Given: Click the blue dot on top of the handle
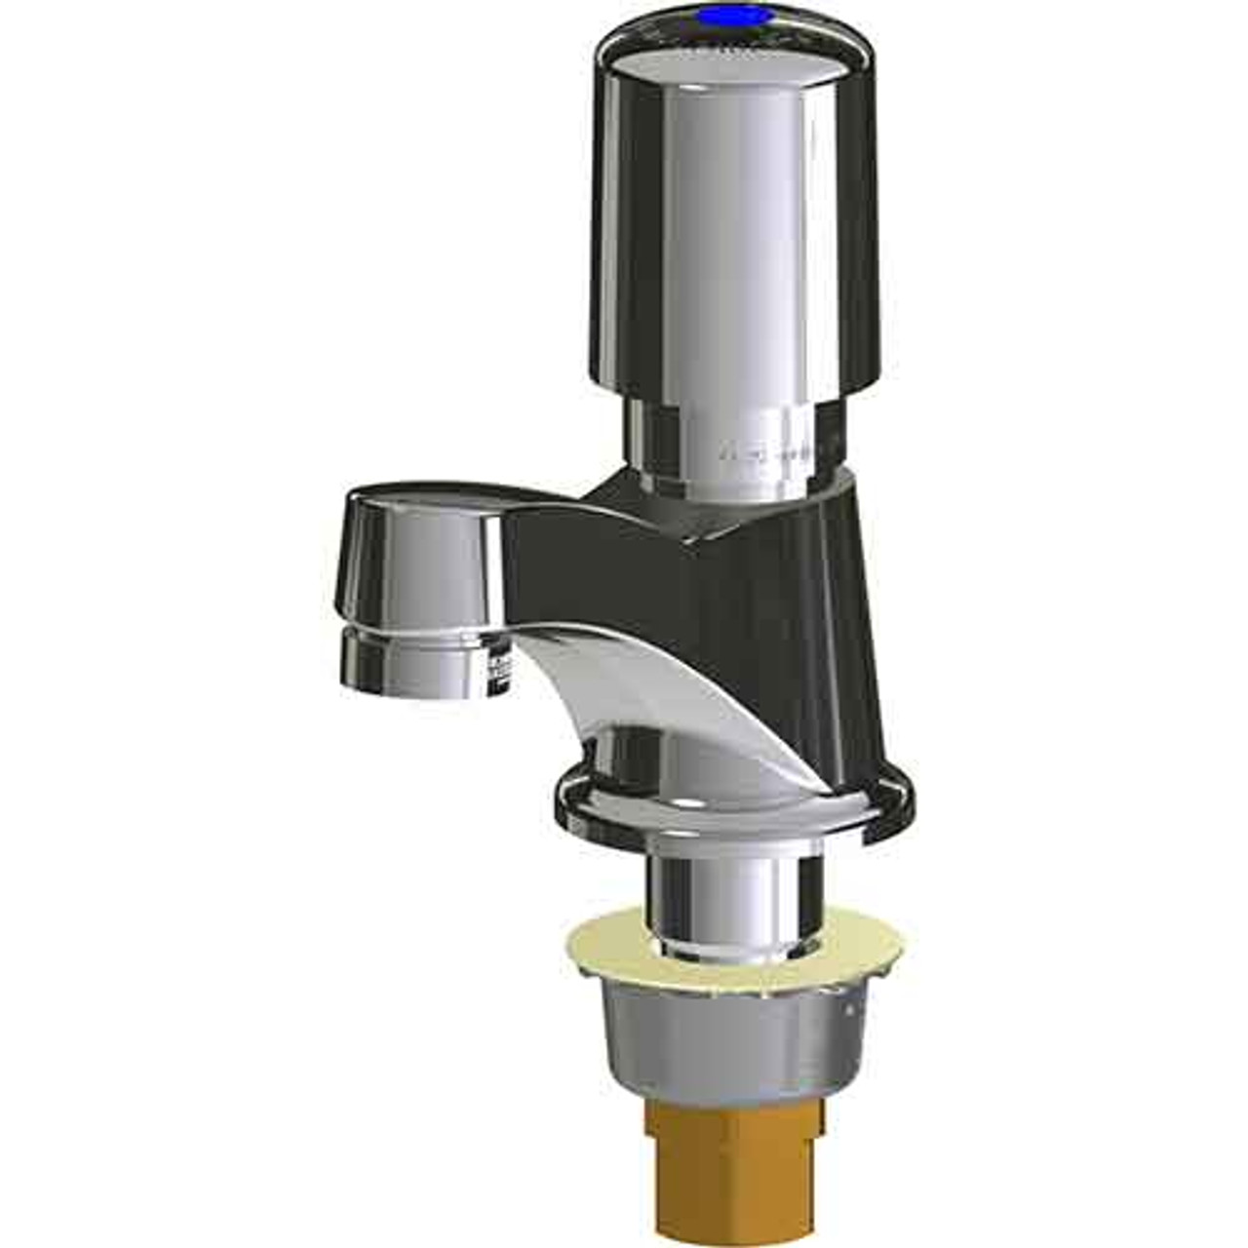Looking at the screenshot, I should pos(748,16).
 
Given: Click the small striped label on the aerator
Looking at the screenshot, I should pos(499,667).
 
